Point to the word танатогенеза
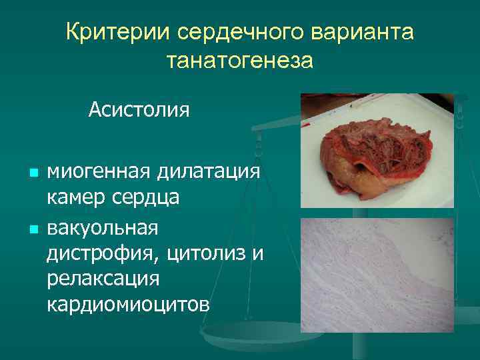(x=239, y=61)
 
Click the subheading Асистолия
(x=139, y=108)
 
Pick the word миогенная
(x=99, y=173)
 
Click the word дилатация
(x=209, y=173)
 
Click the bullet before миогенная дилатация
(x=33, y=173)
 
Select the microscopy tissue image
(x=377, y=275)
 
